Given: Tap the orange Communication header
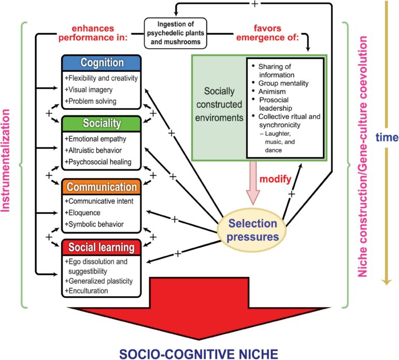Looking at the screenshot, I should (101, 186).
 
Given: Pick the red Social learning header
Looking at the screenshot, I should (101, 247).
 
